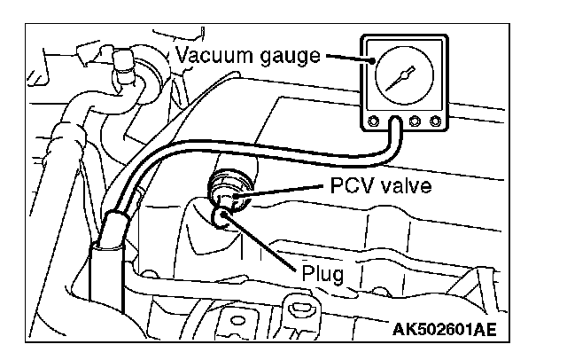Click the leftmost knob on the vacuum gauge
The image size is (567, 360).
point(374,121)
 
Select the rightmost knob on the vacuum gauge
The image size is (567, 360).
point(435,121)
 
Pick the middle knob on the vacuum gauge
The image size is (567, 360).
point(414,121)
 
